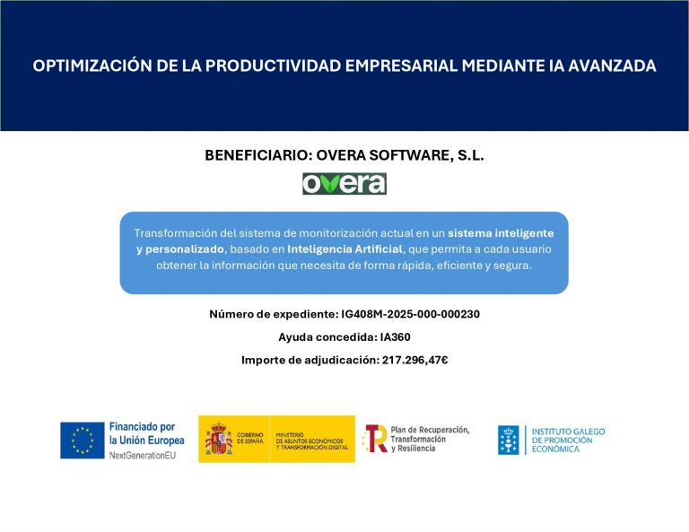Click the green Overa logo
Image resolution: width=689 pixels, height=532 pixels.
click(x=344, y=184)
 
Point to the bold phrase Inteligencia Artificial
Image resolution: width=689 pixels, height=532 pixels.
click(x=344, y=249)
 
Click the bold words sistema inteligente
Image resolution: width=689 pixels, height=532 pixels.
click(x=501, y=233)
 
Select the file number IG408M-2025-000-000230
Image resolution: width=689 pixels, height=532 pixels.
click(x=410, y=314)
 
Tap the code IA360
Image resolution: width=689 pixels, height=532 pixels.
click(x=395, y=337)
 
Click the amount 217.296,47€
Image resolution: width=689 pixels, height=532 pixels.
click(x=414, y=361)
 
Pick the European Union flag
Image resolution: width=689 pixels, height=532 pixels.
click(x=83, y=440)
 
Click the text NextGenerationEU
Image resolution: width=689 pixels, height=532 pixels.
click(x=143, y=456)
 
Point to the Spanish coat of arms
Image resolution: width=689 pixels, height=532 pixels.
click(x=218, y=439)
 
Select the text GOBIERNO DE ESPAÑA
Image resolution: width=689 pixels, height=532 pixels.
click(x=250, y=438)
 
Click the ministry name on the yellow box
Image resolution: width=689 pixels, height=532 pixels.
click(x=312, y=441)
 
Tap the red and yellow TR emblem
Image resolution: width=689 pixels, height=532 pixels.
click(x=375, y=439)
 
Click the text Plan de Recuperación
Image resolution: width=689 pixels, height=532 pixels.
click(x=430, y=430)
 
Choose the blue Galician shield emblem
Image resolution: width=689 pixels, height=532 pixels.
click(x=509, y=440)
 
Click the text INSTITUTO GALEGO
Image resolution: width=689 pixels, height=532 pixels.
click(x=568, y=432)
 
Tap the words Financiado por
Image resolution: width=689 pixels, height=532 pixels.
click(x=142, y=426)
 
